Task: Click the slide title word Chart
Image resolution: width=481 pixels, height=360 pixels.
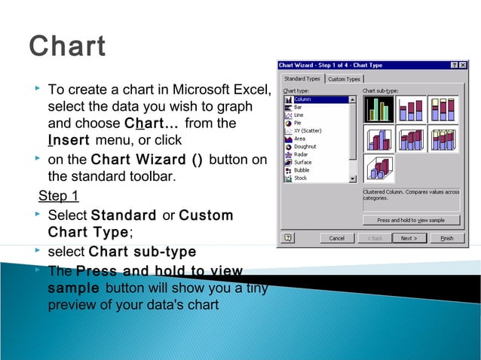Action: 67,46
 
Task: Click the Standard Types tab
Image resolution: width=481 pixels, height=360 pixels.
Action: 302,79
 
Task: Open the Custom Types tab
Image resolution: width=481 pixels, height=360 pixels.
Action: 344,79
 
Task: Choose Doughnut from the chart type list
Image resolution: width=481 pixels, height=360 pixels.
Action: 305,146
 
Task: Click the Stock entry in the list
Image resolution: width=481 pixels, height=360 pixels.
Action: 301,178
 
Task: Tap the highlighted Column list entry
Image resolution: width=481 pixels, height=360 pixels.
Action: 304,99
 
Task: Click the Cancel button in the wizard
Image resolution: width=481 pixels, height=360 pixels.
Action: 336,238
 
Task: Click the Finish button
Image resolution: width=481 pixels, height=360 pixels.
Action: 447,238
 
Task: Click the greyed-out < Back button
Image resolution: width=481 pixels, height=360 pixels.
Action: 375,238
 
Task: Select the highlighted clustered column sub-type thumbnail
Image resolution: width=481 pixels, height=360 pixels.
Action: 378,109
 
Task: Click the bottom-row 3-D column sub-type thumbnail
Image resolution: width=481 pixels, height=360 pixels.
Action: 378,168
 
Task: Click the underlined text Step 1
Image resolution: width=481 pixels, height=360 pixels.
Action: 58,197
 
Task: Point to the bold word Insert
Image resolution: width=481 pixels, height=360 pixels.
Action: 69,141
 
